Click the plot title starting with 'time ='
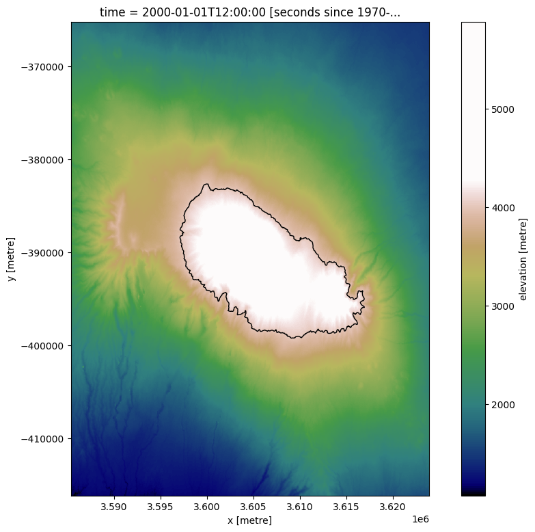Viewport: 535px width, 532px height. coord(250,12)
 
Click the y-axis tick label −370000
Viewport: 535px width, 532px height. coord(42,67)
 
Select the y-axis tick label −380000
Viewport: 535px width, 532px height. coord(42,160)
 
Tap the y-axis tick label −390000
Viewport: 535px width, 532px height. coord(42,253)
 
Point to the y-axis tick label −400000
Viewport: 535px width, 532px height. coord(42,346)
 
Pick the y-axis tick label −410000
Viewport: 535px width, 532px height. coord(42,439)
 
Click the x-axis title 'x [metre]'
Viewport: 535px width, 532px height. coord(250,520)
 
